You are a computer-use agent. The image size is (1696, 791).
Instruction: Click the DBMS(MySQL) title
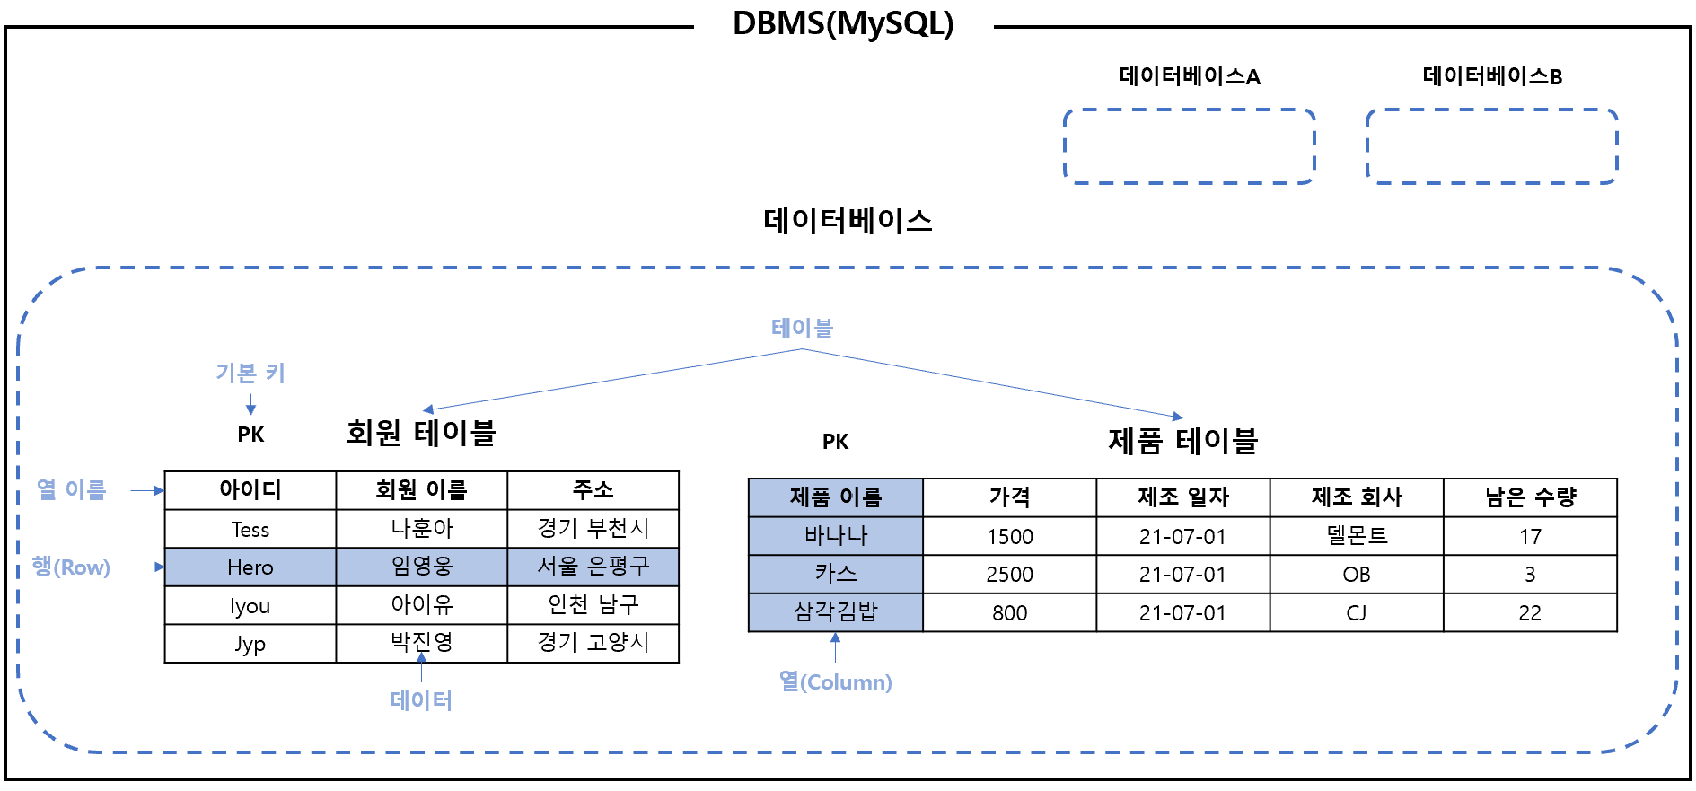pos(843,24)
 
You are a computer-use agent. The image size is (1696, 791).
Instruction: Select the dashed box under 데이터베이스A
pos(1189,146)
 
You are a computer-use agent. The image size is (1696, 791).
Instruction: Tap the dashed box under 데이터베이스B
pos(1491,146)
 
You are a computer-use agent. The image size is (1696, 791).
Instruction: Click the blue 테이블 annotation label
pos(802,329)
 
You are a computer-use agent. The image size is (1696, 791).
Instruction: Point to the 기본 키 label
pos(250,373)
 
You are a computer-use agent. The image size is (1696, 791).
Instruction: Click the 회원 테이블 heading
pos(421,433)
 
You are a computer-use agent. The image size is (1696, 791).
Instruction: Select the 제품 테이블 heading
pos(1182,441)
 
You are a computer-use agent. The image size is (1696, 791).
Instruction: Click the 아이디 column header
pos(250,490)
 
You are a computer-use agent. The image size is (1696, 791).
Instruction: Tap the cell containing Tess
pos(250,530)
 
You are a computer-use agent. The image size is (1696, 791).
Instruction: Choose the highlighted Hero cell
pos(250,567)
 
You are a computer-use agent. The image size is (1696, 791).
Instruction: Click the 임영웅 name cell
pos(421,567)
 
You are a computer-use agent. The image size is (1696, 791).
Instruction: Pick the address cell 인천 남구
pos(593,605)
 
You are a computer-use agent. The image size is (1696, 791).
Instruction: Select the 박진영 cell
pos(421,643)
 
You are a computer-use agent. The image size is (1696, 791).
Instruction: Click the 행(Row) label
pos(71,567)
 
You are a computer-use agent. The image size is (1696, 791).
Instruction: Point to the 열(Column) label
pos(835,682)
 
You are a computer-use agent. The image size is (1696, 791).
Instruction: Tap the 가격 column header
pos(1009,497)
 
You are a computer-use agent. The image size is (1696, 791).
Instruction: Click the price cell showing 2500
pos(1009,575)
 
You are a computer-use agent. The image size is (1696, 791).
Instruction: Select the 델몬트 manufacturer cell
pos(1356,536)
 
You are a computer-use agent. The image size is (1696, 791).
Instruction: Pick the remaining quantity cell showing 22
pos(1530,613)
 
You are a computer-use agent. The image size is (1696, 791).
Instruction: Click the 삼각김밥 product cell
pos(835,612)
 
